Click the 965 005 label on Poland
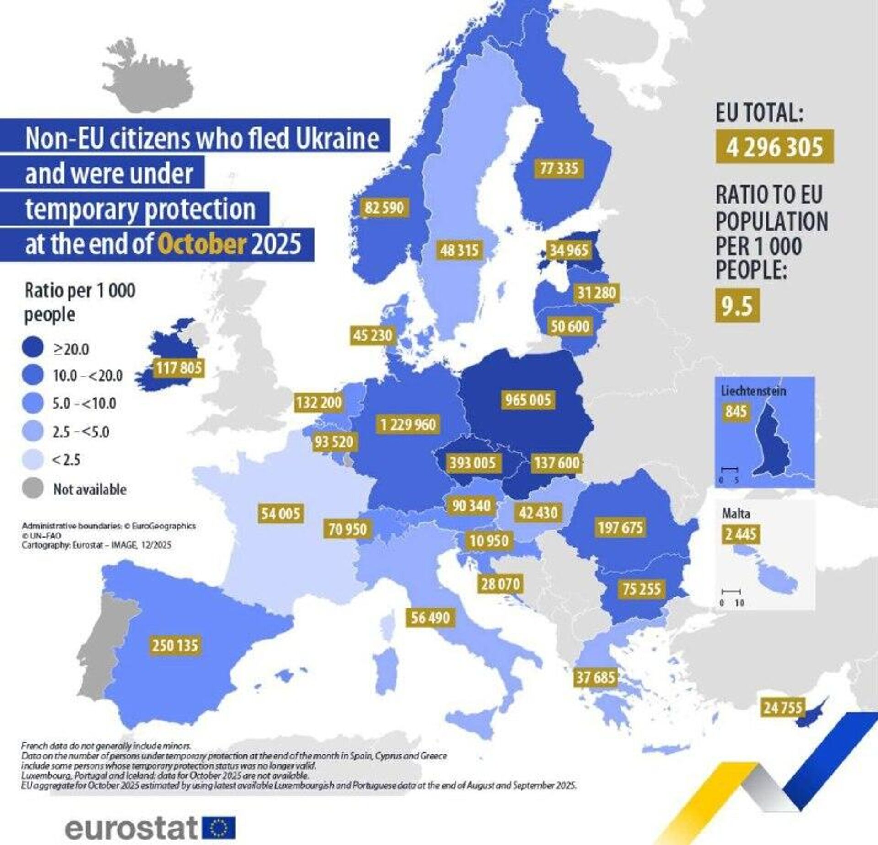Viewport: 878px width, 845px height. pos(528,400)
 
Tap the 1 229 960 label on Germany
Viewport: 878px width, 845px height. pos(408,424)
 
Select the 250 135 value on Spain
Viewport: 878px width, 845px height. pos(175,646)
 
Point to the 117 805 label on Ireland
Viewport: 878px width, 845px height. pos(179,367)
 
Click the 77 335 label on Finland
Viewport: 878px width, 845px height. pos(559,168)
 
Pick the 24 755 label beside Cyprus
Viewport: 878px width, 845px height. pos(782,708)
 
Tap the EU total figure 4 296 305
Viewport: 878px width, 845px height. pos(774,147)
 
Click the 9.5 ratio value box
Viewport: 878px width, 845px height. pos(737,306)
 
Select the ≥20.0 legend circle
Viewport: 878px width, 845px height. pos(32,348)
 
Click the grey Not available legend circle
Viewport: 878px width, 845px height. pos(32,488)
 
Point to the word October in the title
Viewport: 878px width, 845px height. pos(202,243)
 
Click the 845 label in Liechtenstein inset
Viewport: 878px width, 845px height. pos(735,411)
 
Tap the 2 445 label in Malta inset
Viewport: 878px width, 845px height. pos(740,534)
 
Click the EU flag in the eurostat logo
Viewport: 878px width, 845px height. pos(218,828)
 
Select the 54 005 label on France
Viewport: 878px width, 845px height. pos(280,513)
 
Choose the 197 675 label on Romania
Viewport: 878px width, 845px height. pos(620,527)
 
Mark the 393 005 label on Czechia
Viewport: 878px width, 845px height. pos(472,463)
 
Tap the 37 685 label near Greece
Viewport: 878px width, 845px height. pos(595,677)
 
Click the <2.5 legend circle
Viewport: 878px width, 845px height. pos(32,459)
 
